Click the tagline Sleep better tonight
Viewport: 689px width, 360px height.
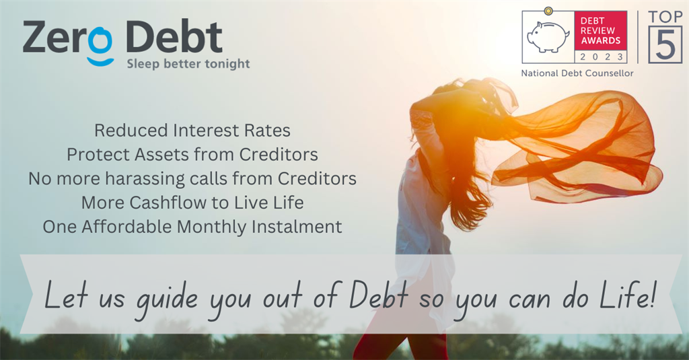click(x=188, y=64)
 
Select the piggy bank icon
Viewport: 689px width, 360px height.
click(x=548, y=36)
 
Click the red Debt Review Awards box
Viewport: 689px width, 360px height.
click(x=600, y=31)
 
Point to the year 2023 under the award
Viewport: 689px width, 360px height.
click(x=601, y=57)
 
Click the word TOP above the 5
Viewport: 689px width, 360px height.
click(x=665, y=17)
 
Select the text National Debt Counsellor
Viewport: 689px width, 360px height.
click(x=577, y=73)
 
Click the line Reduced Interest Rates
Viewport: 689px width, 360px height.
click(x=192, y=131)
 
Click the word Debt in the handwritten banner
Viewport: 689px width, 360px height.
click(x=379, y=295)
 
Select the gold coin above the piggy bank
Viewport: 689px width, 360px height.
click(x=548, y=11)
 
